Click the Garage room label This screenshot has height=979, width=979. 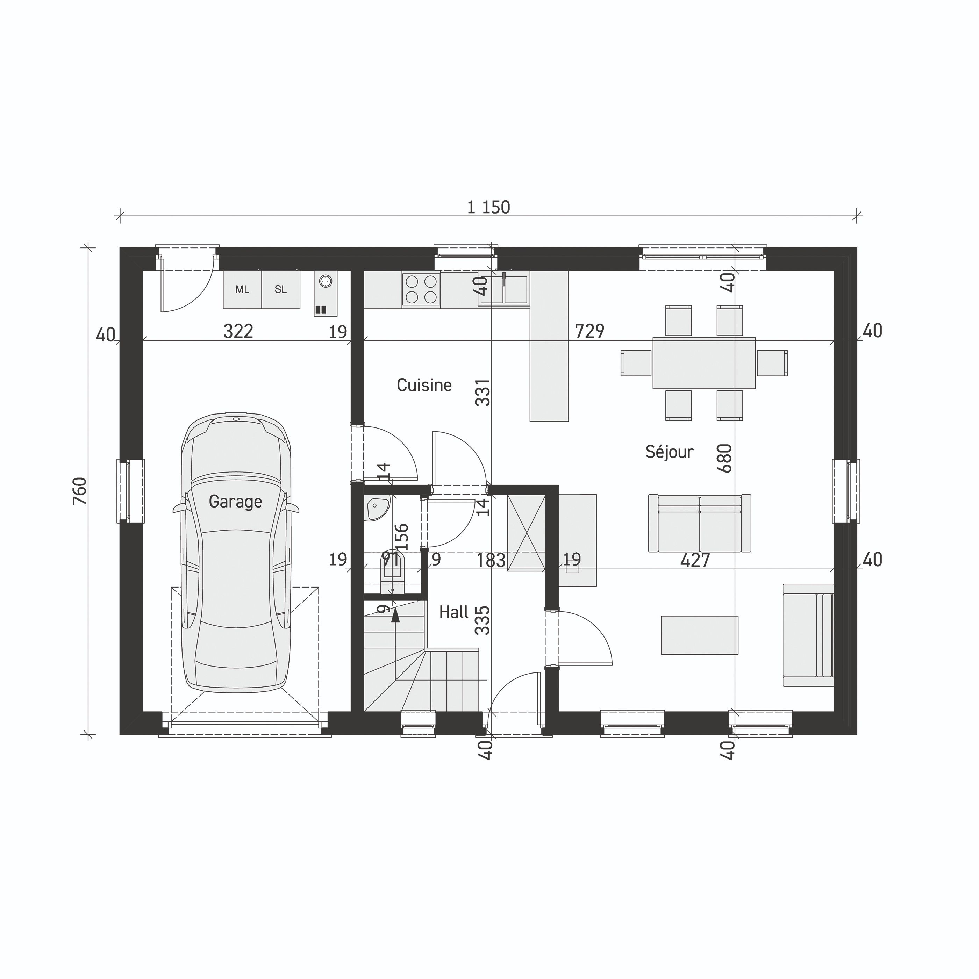pos(235,502)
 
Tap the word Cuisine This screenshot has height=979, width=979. pos(424,385)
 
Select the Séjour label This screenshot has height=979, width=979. pos(669,452)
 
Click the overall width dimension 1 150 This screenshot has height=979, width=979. pos(488,207)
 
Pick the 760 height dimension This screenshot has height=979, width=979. pos(80,490)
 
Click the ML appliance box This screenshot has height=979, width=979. pos(242,289)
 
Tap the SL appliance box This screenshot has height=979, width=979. pos(280,289)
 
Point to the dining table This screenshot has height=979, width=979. pos(704,363)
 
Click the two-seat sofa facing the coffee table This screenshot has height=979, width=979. pos(699,524)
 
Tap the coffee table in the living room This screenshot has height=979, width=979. pos(699,635)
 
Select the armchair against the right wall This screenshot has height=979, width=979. pos(808,635)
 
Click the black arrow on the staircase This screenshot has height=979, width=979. pos(395,615)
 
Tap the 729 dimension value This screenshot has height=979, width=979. pos(589,331)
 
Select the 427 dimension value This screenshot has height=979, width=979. pos(695,560)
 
